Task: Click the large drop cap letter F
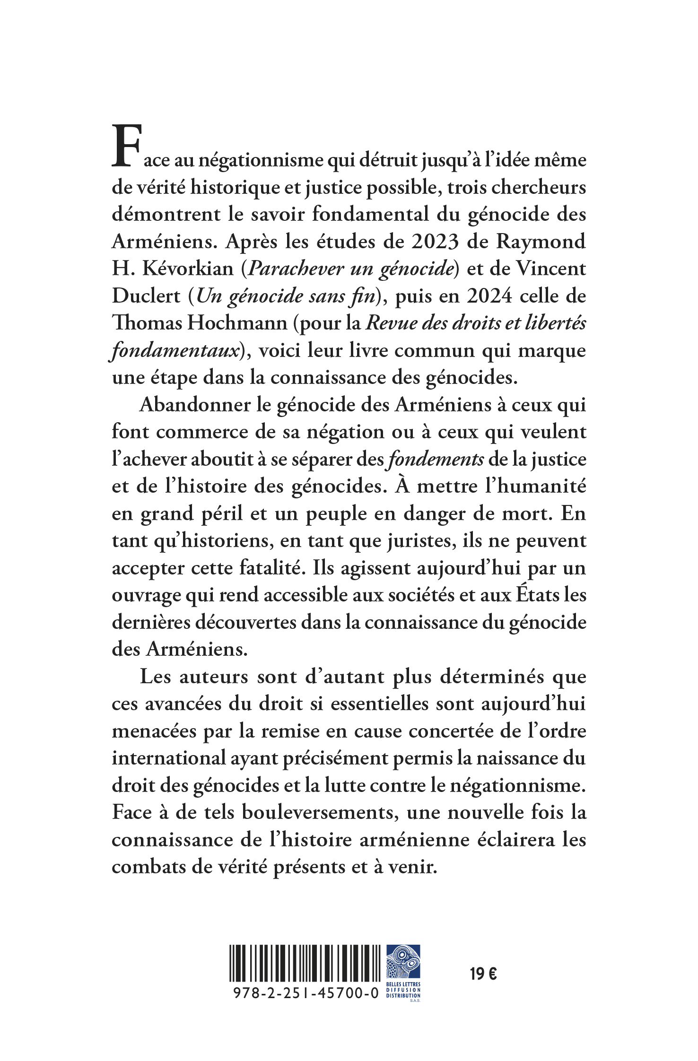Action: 126,146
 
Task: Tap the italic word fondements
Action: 436,460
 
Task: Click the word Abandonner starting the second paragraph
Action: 194,405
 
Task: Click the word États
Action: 537,595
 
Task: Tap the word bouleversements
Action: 318,813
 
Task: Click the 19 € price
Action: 483,974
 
